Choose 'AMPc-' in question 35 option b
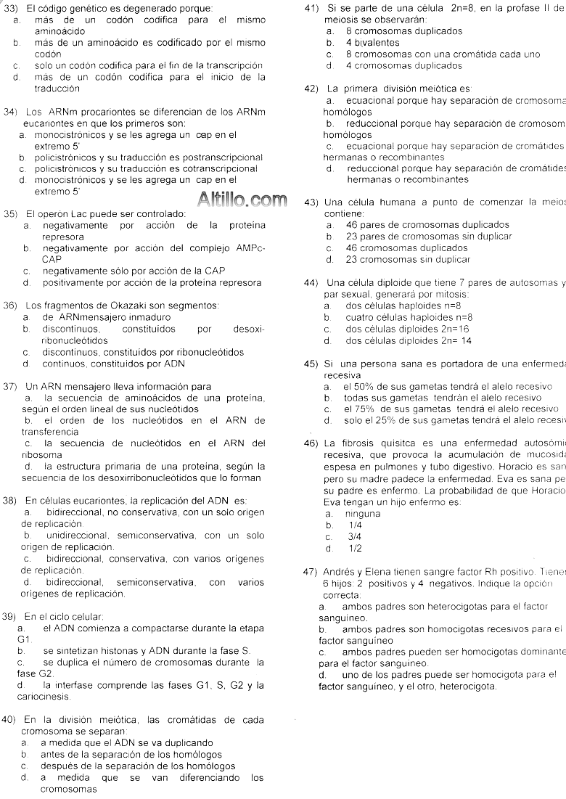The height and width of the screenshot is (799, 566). (250, 248)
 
